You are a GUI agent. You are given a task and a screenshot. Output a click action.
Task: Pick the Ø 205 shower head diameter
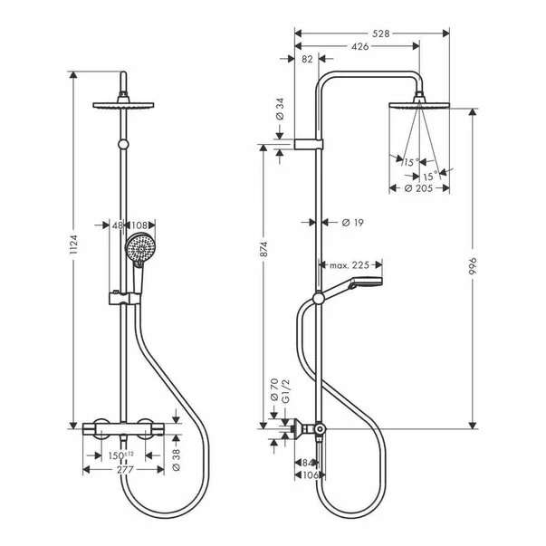(x=417, y=187)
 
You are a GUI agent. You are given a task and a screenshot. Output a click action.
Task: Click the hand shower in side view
(x=358, y=286)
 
